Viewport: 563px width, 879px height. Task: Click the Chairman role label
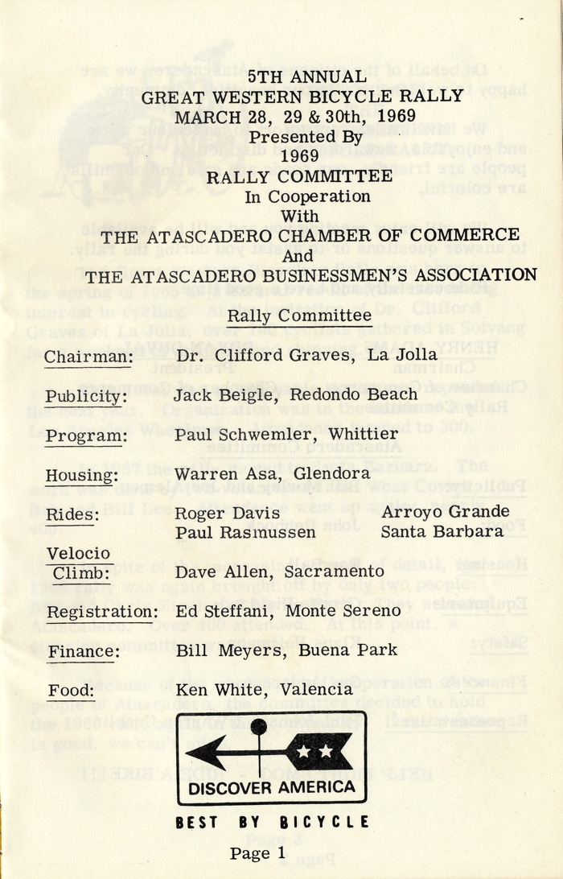(88, 356)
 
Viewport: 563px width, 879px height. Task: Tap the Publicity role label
(86, 396)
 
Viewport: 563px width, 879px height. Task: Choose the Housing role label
(80, 475)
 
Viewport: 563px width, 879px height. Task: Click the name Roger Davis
(215, 514)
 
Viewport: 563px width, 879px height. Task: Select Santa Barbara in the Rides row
(442, 532)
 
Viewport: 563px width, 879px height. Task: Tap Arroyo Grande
(445, 513)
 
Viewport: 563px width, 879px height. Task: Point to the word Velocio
(78, 555)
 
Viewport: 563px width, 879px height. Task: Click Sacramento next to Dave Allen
(332, 572)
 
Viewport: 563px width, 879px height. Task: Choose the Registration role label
(101, 612)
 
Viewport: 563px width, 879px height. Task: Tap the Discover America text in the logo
(272, 786)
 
